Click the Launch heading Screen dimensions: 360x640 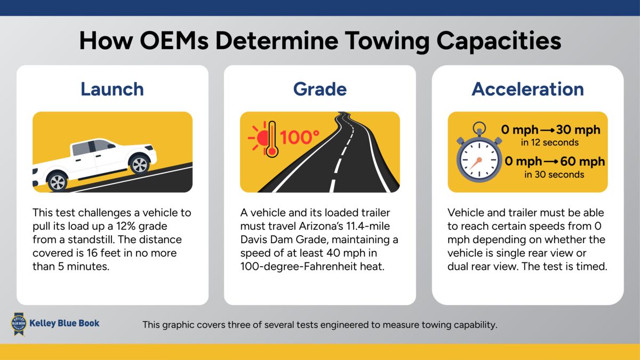(x=112, y=89)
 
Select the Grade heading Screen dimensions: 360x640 (x=319, y=89)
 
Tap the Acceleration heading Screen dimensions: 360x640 (x=527, y=89)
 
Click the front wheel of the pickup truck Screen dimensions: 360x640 (x=58, y=181)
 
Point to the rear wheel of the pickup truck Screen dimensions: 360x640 (x=139, y=164)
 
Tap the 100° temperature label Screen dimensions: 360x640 (x=300, y=138)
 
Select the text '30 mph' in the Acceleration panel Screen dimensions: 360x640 (x=578, y=130)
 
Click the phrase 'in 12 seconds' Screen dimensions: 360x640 (x=550, y=142)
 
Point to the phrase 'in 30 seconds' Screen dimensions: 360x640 (x=554, y=174)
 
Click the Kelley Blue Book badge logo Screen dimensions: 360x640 (x=19, y=324)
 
